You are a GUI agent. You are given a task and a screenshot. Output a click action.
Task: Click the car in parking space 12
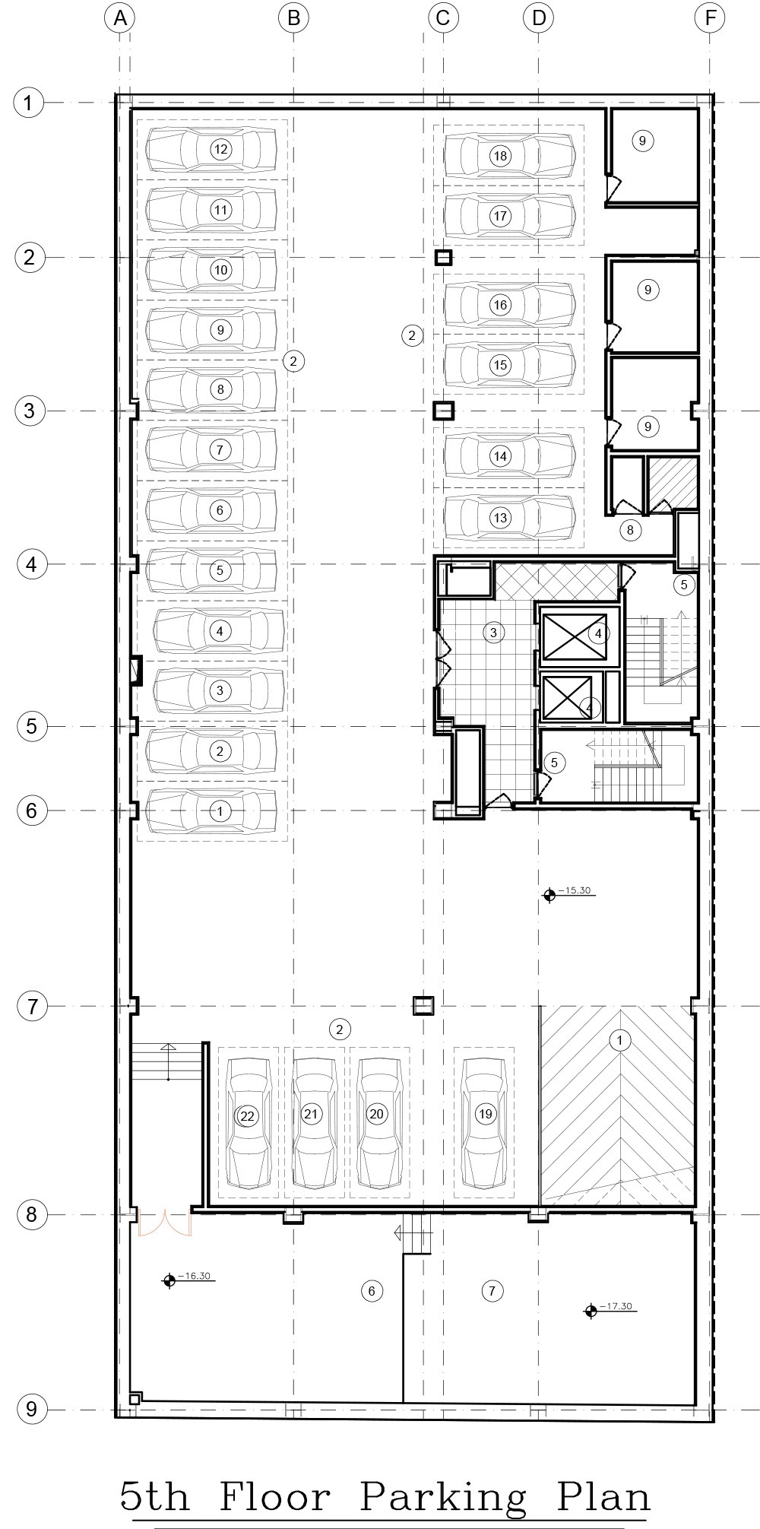(x=211, y=149)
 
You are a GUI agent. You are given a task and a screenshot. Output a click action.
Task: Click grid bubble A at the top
(x=119, y=18)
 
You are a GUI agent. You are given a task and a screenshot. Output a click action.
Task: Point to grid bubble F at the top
(x=710, y=18)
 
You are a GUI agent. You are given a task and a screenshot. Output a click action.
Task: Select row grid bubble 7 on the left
(x=31, y=1007)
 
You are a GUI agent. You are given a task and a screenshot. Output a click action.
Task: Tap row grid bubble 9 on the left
(x=31, y=1409)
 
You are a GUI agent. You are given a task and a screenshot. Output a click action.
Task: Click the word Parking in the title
(x=442, y=1496)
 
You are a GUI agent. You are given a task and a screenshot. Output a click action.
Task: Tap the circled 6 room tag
(x=372, y=1290)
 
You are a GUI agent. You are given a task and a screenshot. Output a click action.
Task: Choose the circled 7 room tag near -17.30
(x=492, y=1290)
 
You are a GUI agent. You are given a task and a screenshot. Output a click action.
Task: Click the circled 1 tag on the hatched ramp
(x=620, y=1040)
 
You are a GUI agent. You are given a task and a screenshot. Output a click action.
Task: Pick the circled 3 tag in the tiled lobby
(x=493, y=632)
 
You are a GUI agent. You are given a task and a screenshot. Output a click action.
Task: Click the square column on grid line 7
(x=423, y=1006)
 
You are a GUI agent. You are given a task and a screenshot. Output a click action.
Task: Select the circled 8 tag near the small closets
(x=630, y=529)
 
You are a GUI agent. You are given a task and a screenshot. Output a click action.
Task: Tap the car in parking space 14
(x=509, y=456)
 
